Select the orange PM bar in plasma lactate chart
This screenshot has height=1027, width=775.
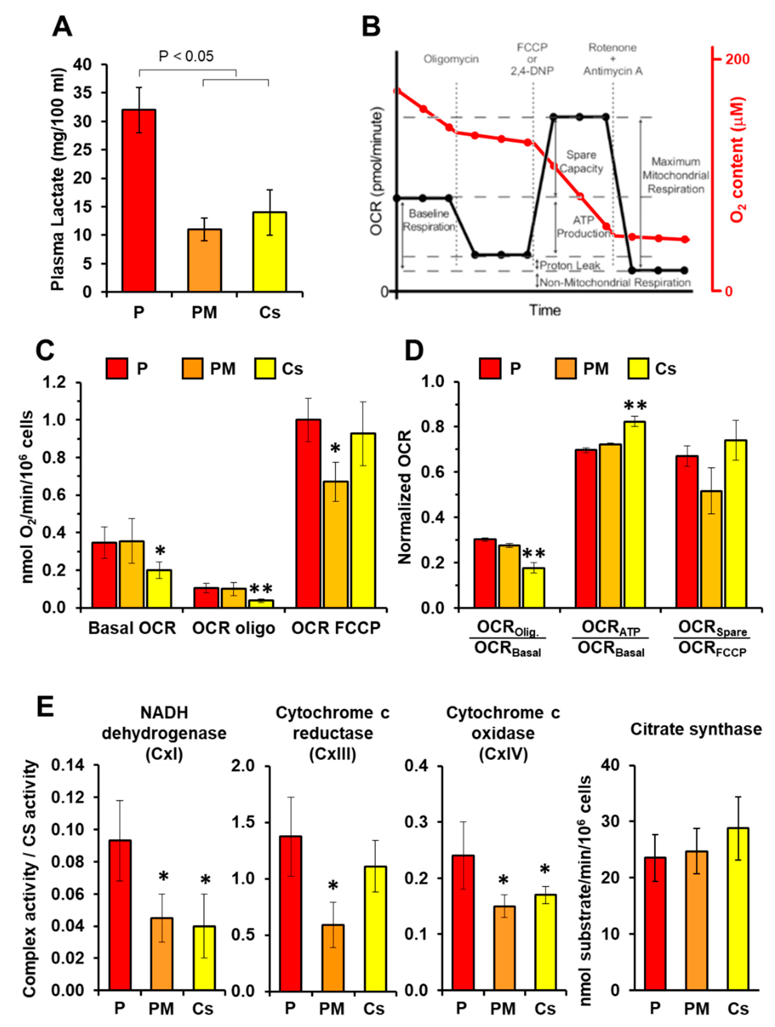pyautogui.click(x=204, y=260)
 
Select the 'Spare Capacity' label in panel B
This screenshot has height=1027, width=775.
pyautogui.click(x=581, y=162)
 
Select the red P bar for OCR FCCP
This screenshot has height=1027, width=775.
pyautogui.click(x=308, y=513)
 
